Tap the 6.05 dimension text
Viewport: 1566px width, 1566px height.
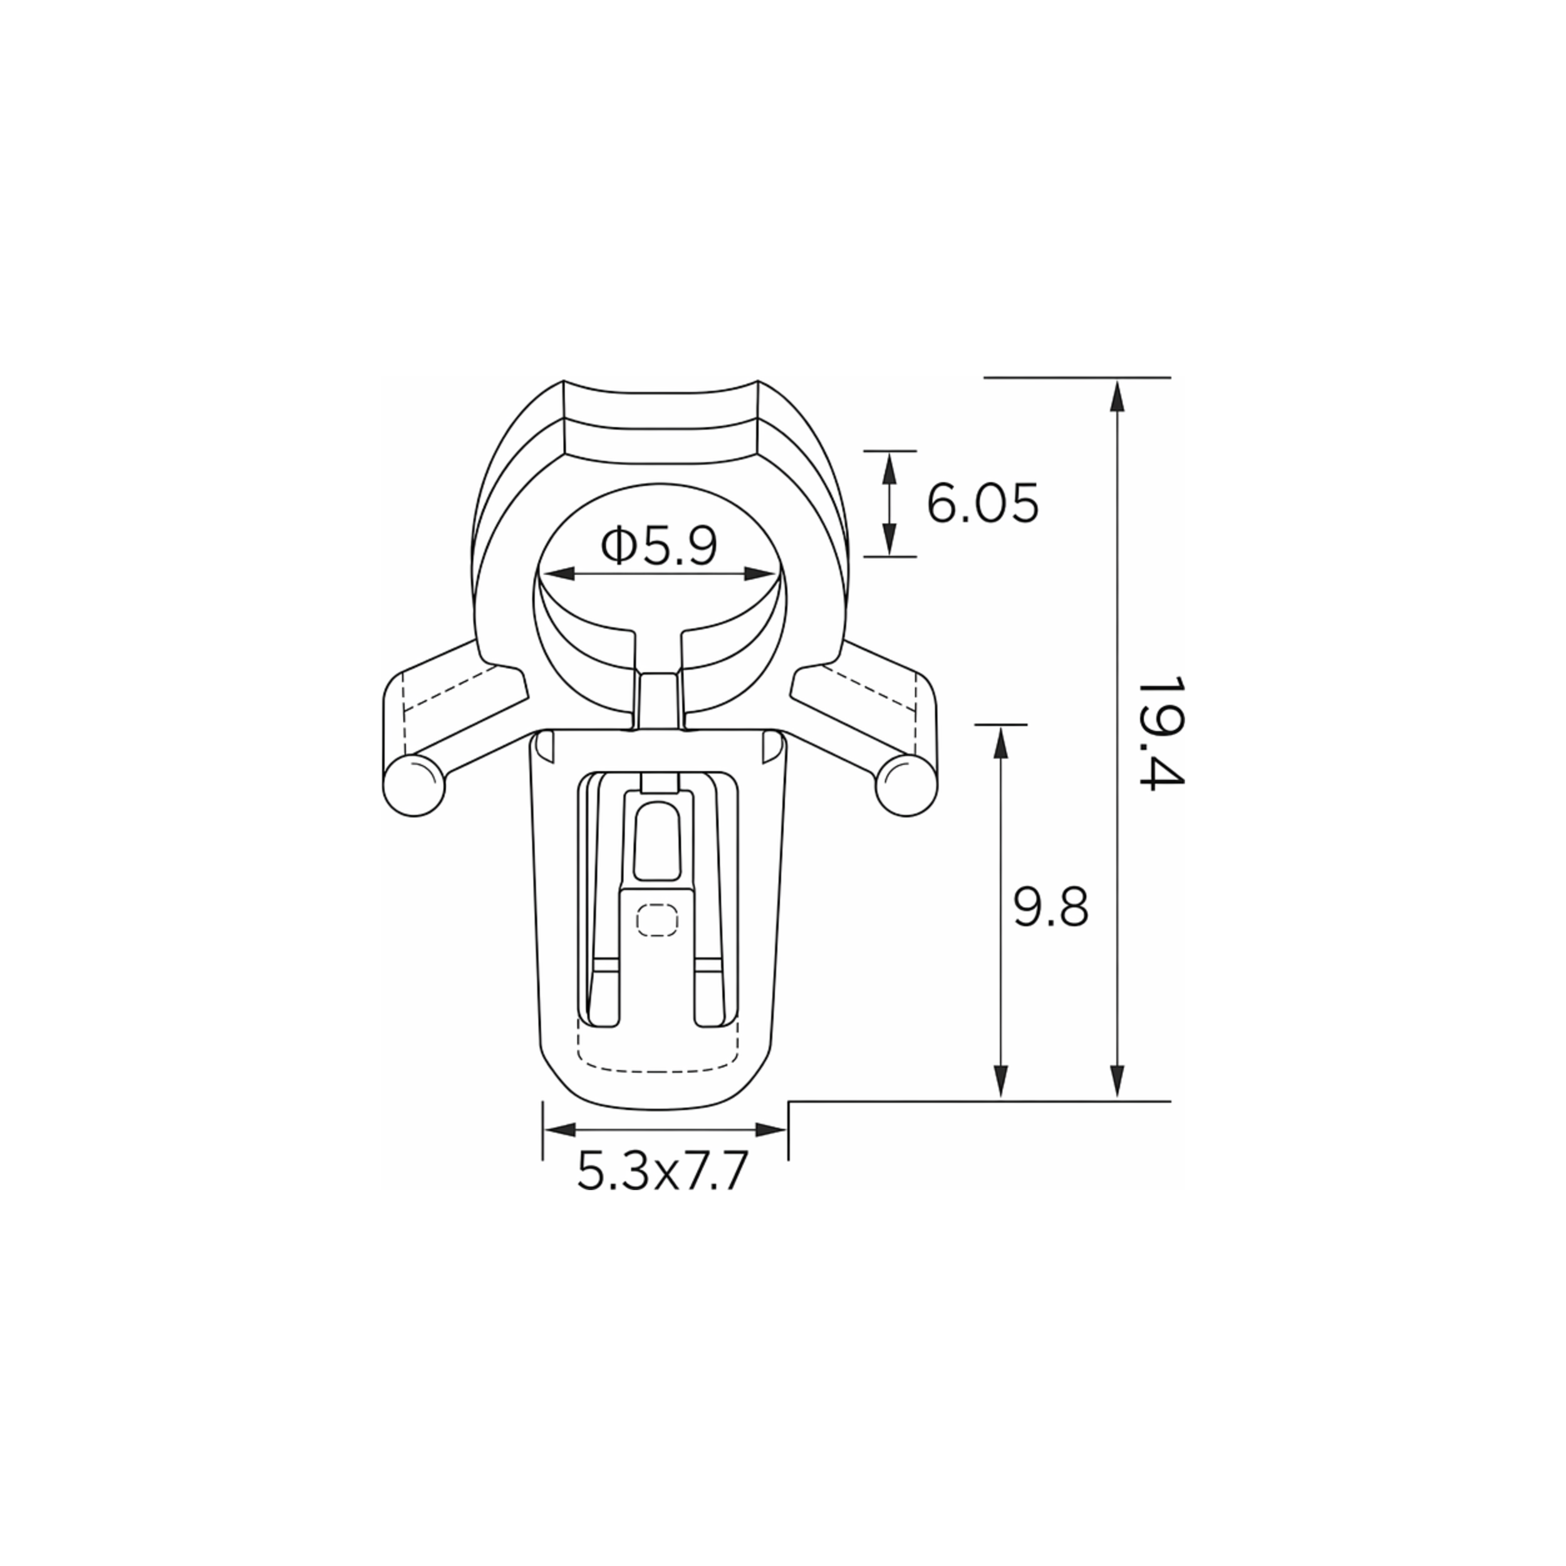click(x=982, y=504)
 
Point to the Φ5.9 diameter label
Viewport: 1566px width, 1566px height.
click(x=659, y=546)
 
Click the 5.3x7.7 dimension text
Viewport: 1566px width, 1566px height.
click(x=661, y=1171)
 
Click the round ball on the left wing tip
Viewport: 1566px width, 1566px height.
click(x=414, y=786)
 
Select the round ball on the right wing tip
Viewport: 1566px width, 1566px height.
click(x=906, y=786)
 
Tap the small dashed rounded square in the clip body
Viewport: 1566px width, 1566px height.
click(x=657, y=920)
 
